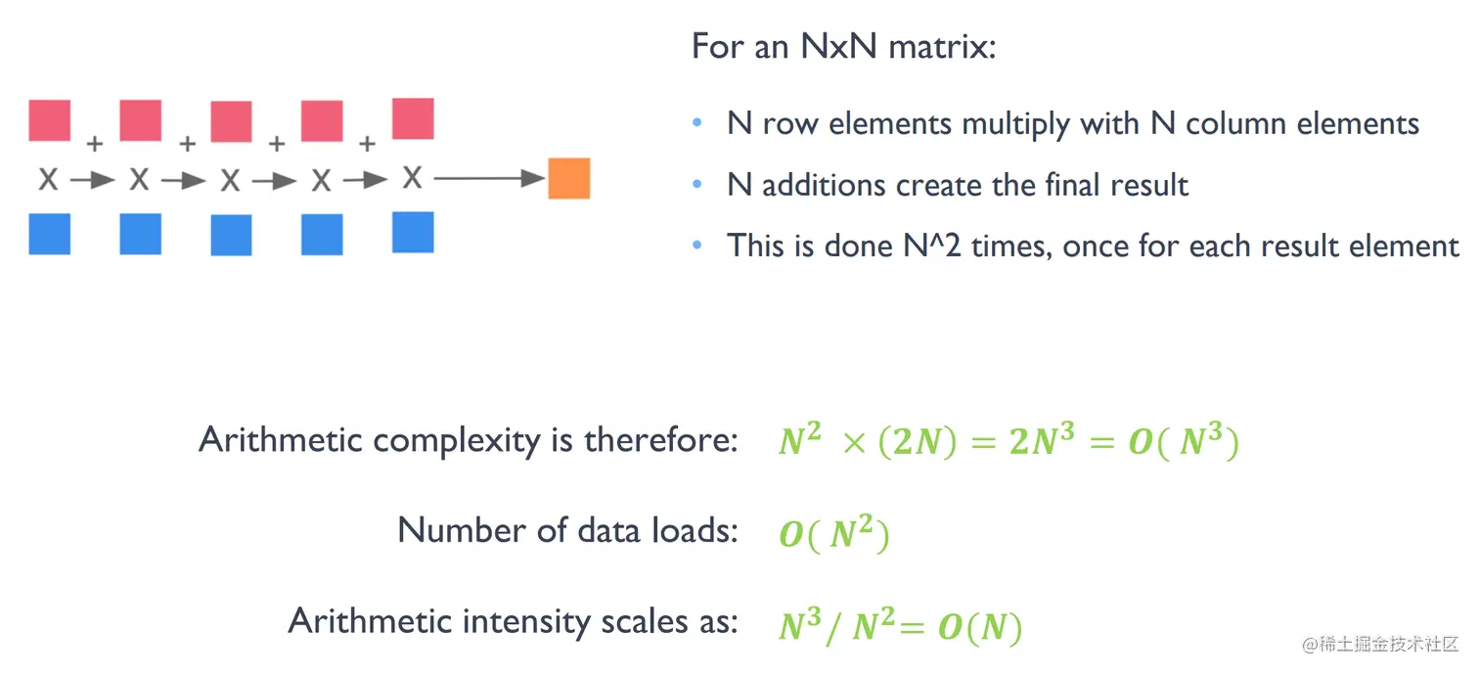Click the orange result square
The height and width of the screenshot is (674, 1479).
(x=568, y=178)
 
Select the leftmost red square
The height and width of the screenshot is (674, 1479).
(x=50, y=120)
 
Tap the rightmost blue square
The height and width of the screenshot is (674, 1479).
(x=413, y=232)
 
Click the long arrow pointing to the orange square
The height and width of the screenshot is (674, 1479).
(x=489, y=178)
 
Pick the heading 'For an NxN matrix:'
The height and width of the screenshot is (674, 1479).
(x=843, y=46)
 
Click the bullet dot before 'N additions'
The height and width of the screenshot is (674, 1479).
(x=697, y=184)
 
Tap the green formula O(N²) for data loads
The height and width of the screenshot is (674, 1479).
(x=833, y=534)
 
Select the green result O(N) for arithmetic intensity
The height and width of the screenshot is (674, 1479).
(x=979, y=626)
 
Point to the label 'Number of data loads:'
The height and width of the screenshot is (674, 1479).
(x=567, y=530)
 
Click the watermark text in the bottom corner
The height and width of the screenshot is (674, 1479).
(x=1379, y=645)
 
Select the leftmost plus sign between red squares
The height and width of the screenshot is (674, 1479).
(x=94, y=145)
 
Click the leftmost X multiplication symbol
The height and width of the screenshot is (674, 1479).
(x=48, y=179)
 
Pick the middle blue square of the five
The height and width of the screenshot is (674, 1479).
(x=231, y=235)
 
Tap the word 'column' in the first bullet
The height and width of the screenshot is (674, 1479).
(x=1236, y=124)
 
